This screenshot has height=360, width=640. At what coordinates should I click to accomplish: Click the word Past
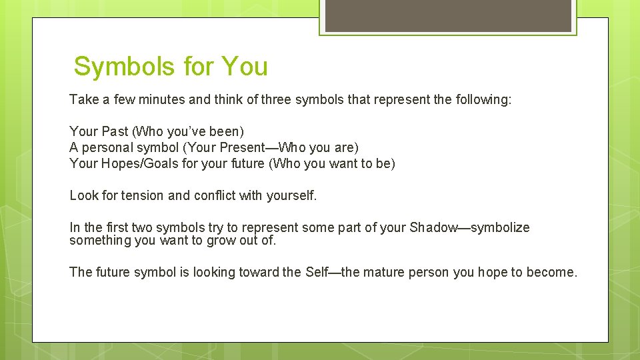point(115,132)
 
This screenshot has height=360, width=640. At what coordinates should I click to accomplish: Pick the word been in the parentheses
point(227,132)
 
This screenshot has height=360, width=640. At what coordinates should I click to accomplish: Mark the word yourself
point(292,195)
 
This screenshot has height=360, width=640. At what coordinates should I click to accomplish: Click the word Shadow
point(433,227)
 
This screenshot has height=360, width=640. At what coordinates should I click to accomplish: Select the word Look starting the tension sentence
point(83,195)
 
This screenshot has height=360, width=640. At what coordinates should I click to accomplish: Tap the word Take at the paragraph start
point(83,100)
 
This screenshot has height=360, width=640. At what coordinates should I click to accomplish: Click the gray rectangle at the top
point(448,15)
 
